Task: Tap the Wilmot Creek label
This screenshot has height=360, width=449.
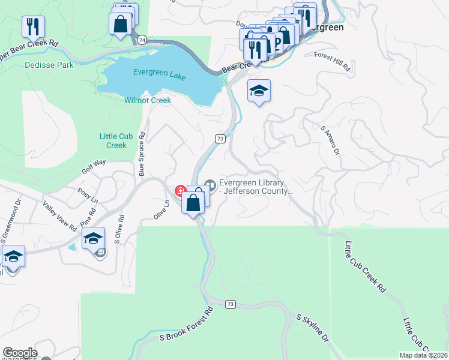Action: tap(148, 100)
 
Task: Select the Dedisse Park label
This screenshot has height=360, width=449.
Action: tap(49, 65)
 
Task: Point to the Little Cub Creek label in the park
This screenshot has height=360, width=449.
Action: tap(113, 141)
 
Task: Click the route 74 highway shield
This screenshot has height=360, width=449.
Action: tap(141, 40)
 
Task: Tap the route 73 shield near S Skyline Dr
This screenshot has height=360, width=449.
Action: tap(231, 304)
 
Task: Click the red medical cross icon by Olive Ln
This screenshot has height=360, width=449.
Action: tap(179, 190)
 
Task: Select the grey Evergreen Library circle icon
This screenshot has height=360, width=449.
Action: tap(209, 184)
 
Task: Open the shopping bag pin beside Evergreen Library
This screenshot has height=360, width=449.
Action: tap(193, 203)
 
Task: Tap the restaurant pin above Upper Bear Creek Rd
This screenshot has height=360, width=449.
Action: tap(32, 26)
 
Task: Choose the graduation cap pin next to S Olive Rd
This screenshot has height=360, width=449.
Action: tap(93, 238)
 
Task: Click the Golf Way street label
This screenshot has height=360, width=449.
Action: tap(94, 166)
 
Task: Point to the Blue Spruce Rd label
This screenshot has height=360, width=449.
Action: tap(142, 154)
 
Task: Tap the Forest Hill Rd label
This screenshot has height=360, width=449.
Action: tap(333, 62)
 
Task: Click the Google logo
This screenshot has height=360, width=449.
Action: tap(20, 353)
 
